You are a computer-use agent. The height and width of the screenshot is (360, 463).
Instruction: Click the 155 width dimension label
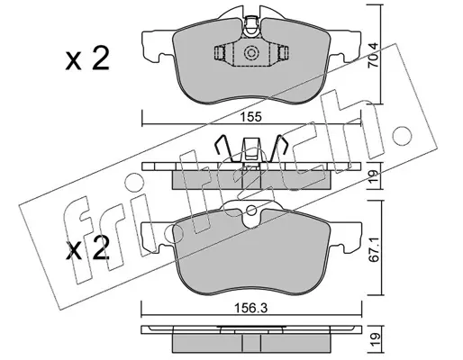pos(251,117)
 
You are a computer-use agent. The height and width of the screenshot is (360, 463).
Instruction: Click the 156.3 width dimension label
pos(251,308)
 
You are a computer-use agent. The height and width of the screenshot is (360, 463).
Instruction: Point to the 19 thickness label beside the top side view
pos(374,176)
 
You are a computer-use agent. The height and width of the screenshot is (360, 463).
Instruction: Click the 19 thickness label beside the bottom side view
pos(374,340)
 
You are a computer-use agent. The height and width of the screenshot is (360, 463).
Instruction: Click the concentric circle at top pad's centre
pos(251,53)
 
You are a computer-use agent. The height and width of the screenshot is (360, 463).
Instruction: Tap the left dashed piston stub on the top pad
pos(221,53)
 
